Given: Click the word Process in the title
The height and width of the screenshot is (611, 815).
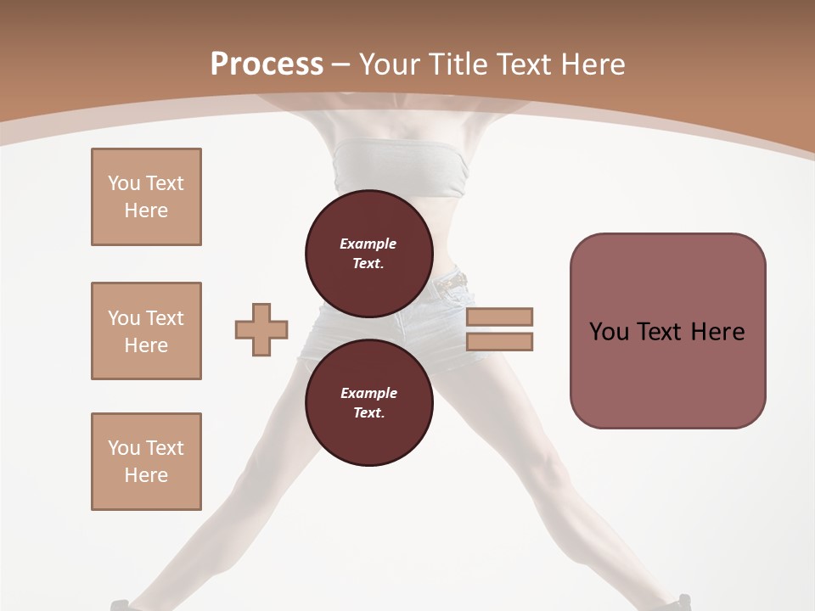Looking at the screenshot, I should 267,64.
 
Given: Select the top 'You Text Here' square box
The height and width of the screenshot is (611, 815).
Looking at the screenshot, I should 146,197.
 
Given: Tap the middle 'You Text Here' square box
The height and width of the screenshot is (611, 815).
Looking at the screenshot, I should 146,331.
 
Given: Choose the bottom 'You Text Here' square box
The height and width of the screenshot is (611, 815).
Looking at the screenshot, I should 146,462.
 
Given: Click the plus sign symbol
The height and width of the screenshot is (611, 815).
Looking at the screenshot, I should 261,329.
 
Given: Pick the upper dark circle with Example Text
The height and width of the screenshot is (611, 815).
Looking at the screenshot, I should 368,254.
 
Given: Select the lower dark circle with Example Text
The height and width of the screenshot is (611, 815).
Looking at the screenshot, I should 368,403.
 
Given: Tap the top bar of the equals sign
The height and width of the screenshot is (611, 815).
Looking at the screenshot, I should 499,317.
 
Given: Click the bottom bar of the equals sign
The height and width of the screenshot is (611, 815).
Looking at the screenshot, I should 499,342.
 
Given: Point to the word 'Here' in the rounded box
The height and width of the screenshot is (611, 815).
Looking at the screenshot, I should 717,332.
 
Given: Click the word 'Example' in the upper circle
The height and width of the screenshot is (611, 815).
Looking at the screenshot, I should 368,244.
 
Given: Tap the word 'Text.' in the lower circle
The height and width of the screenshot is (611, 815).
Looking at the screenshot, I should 368,413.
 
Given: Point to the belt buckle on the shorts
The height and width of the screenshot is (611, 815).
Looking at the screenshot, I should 458,279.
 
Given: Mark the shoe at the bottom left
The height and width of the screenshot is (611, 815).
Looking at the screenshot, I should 121,605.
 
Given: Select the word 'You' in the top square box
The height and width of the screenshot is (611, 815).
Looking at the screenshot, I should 124,183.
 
